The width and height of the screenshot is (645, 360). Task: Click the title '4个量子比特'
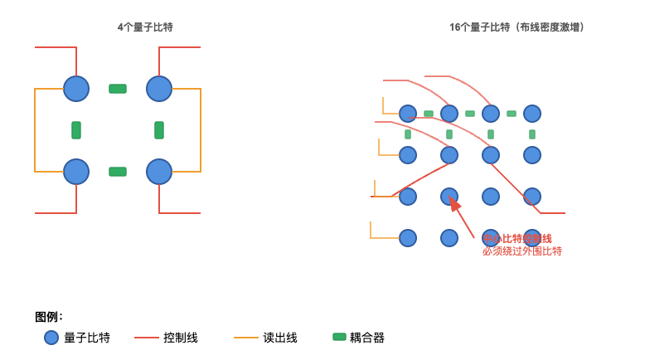tap(145, 27)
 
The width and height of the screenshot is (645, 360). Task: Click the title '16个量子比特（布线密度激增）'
tap(517, 27)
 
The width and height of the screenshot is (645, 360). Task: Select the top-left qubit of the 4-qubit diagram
tap(76, 89)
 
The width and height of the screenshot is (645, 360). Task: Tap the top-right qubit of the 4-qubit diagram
tap(159, 89)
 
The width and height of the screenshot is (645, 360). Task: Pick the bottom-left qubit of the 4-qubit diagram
tap(76, 172)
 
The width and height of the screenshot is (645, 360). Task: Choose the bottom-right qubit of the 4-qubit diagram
tap(159, 172)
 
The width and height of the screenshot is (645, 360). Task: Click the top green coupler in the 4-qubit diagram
tap(118, 89)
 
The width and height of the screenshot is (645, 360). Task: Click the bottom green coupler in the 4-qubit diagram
tap(118, 172)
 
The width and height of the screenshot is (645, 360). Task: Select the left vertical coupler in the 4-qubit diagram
tap(76, 130)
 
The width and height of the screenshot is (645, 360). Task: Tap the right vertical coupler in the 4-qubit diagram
tap(159, 130)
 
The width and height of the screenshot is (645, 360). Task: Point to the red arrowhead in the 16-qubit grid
tap(454, 204)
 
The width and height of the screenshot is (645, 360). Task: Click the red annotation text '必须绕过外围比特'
tap(522, 251)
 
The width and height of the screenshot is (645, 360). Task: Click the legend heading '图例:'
tap(49, 317)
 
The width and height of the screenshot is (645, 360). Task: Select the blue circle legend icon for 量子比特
tap(51, 338)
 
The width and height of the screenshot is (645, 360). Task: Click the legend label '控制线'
tap(181, 338)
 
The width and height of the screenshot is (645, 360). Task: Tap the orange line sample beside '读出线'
tap(246, 338)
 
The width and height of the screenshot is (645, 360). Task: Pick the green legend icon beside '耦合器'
tap(339, 337)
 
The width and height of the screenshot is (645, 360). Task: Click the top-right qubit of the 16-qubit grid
tap(532, 114)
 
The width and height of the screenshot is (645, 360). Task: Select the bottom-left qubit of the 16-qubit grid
tap(408, 238)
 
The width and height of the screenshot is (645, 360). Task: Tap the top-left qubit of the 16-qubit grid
tap(408, 114)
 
